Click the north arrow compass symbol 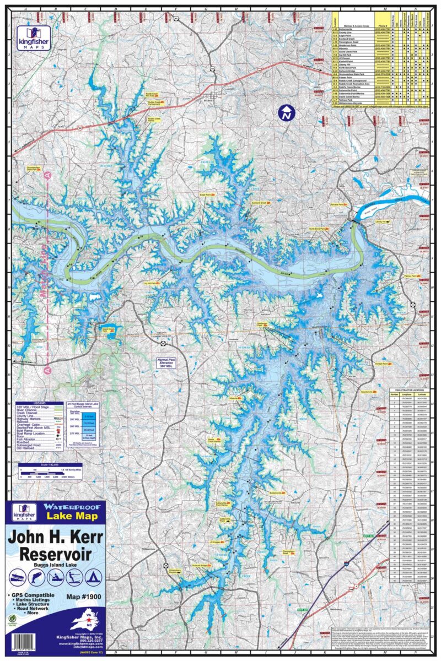click(286, 113)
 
